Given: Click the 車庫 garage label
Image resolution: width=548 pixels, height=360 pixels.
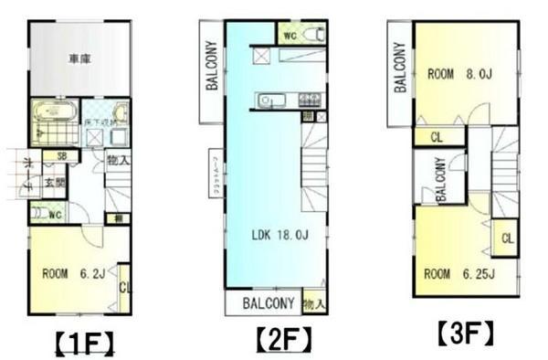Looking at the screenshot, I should pyautogui.click(x=79, y=59).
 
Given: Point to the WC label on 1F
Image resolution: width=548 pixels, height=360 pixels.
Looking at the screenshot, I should pyautogui.click(x=55, y=217).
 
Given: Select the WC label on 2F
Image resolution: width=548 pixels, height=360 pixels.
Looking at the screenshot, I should pyautogui.click(x=289, y=37).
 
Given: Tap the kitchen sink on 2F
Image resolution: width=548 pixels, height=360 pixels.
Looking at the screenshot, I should pyautogui.click(x=266, y=101).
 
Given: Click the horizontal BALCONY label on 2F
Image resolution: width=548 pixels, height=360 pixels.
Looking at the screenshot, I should pyautogui.click(x=268, y=303).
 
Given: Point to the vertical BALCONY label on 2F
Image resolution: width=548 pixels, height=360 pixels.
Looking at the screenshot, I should pyautogui.click(x=210, y=69).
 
